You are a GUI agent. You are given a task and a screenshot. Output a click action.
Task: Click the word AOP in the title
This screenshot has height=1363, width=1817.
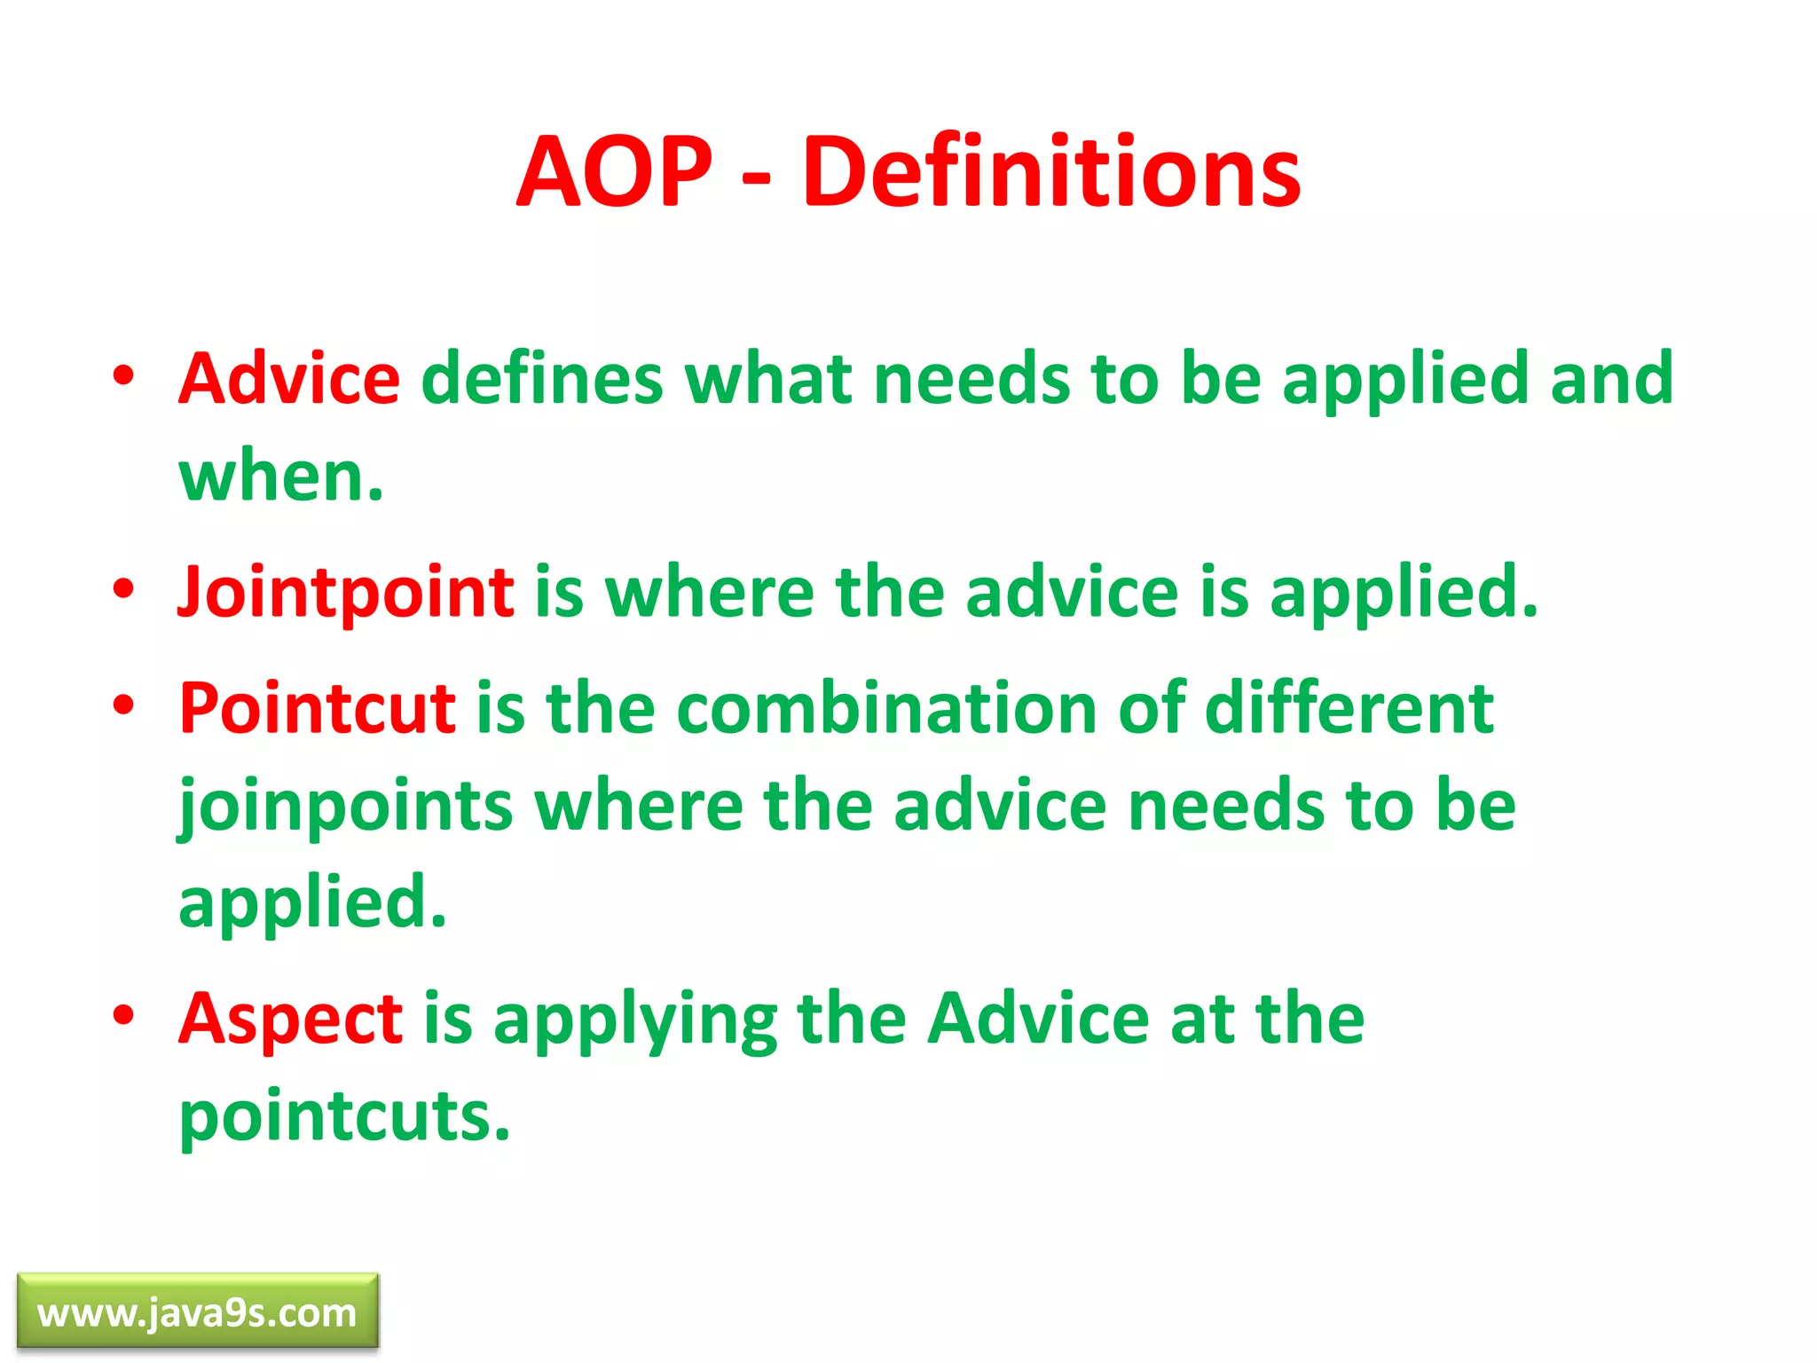tap(614, 171)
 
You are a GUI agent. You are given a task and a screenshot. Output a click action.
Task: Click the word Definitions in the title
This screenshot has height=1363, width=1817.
tap(1051, 171)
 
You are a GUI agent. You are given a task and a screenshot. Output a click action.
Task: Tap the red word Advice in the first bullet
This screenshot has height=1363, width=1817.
tap(289, 379)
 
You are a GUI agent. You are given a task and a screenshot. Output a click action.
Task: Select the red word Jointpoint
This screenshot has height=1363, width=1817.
tap(346, 592)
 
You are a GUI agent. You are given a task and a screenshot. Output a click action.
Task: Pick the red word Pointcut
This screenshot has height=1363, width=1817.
tap(318, 708)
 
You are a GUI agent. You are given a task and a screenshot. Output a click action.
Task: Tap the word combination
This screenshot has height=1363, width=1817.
tap(886, 708)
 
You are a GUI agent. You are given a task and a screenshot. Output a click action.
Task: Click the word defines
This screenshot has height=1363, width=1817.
tap(541, 379)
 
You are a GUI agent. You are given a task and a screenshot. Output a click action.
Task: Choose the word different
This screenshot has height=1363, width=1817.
tap(1349, 708)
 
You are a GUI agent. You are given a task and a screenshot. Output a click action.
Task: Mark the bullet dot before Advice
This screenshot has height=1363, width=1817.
tap(124, 375)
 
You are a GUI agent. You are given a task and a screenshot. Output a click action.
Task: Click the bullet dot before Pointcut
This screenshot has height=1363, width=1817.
tap(124, 705)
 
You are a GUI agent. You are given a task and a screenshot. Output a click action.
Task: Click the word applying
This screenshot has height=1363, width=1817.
tap(635, 1020)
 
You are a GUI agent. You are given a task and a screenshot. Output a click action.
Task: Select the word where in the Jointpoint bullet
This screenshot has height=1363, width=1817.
tap(710, 592)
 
